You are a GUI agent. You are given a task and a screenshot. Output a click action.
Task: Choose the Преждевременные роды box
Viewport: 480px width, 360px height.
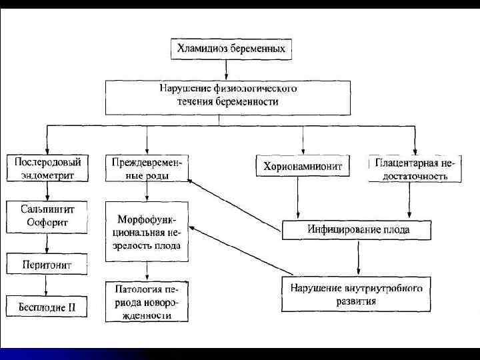point(146,169)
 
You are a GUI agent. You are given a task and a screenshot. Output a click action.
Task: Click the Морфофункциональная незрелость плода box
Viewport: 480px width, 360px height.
point(147,231)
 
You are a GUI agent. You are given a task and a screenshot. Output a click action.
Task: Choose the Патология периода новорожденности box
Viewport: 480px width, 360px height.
point(147,302)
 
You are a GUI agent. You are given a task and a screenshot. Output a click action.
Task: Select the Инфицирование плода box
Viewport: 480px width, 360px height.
point(359,230)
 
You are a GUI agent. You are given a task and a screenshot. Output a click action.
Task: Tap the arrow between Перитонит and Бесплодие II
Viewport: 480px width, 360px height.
point(45,285)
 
